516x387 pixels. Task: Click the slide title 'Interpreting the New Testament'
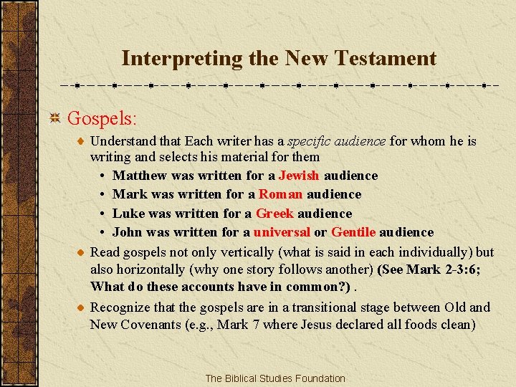pyautogui.click(x=279, y=58)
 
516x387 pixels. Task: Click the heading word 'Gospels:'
pyautogui.click(x=102, y=116)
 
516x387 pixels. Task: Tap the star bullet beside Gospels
pyautogui.click(x=54, y=116)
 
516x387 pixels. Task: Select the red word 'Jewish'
pyautogui.click(x=299, y=176)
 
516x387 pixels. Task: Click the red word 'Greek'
pyautogui.click(x=275, y=214)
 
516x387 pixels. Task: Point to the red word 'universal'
pyautogui.click(x=282, y=232)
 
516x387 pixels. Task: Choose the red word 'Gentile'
pyautogui.click(x=353, y=232)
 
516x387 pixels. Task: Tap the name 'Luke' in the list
pyautogui.click(x=129, y=214)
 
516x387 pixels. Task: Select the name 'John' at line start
pyautogui.click(x=128, y=232)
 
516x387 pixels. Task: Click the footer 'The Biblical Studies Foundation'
pyautogui.click(x=275, y=378)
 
